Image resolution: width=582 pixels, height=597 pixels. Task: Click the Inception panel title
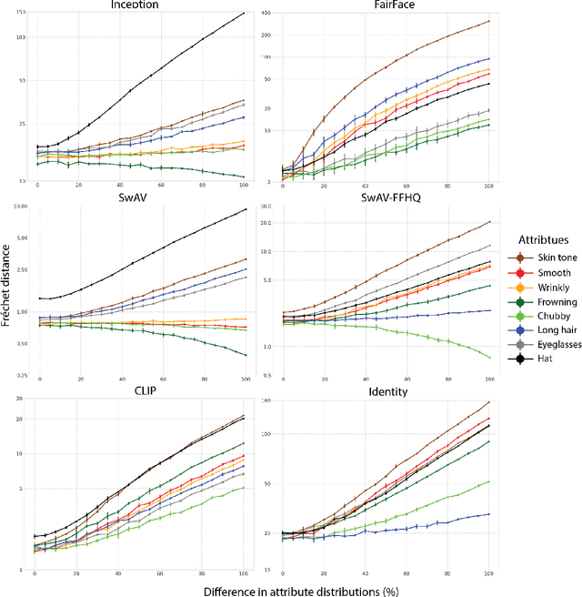pyautogui.click(x=135, y=5)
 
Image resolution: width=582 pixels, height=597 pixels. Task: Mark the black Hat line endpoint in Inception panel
pyautogui.click(x=244, y=13)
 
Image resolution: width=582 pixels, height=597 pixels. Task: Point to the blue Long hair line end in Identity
pyautogui.click(x=489, y=514)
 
